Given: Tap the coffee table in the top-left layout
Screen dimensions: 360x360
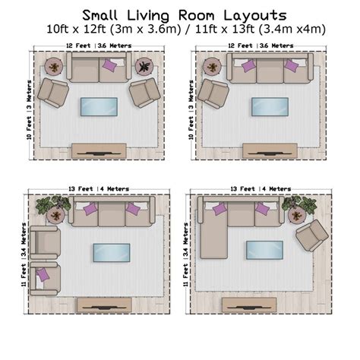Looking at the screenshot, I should (99, 107).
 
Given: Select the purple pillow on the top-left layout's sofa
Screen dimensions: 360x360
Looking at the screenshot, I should (110, 67).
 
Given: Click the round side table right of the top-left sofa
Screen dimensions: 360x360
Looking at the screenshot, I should (143, 67).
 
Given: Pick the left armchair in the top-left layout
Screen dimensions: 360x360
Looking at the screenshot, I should (54, 92).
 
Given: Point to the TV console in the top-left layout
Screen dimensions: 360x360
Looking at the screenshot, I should (99, 150).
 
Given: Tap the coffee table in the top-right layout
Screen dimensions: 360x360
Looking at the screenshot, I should (270, 107).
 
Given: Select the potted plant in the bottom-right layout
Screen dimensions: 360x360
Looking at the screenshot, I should (298, 205).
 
